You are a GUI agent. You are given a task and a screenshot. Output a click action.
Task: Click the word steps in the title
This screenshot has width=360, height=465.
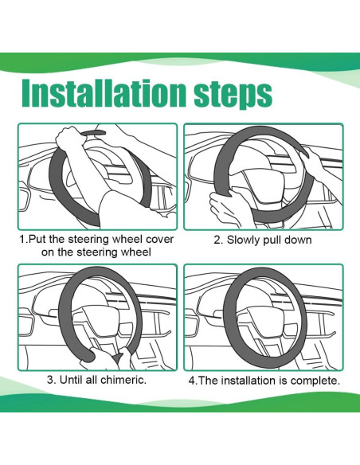[233, 94]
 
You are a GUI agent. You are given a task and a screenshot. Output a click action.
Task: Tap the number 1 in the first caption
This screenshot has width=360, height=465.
[22, 240]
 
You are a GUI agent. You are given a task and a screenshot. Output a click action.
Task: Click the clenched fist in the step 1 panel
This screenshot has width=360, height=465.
[68, 139]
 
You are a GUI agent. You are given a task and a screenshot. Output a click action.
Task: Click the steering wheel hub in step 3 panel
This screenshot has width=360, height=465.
[97, 321]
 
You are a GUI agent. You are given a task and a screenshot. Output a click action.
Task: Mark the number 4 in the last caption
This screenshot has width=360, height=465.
[192, 381]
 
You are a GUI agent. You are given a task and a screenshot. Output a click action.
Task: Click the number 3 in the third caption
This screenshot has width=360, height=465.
[50, 380]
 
